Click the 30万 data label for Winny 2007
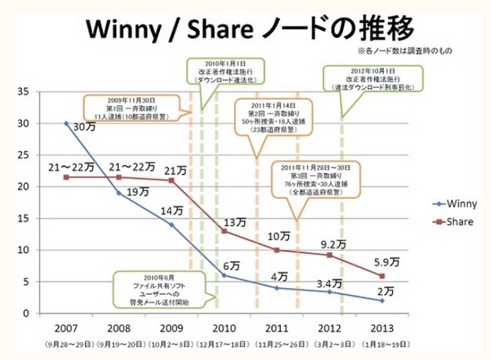click(82, 128)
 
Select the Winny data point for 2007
click(65, 123)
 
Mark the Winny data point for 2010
click(224, 275)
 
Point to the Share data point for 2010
click(224, 231)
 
